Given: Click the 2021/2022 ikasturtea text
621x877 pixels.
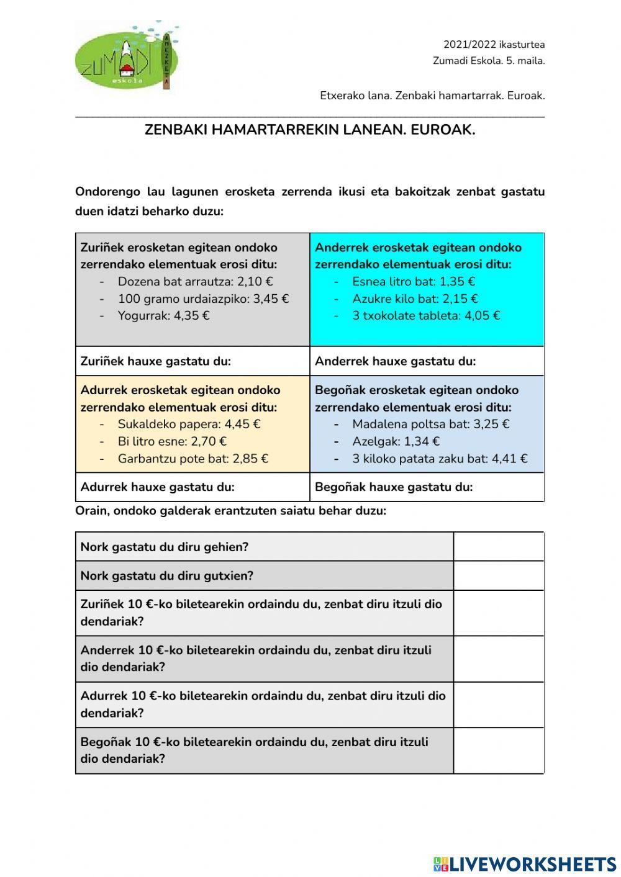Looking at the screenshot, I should (x=494, y=45).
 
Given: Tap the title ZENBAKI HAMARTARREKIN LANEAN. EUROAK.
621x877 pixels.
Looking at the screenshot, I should (x=309, y=130).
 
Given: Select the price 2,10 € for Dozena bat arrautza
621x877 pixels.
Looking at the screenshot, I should (x=255, y=282).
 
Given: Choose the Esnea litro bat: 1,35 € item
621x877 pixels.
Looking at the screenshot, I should (x=414, y=282).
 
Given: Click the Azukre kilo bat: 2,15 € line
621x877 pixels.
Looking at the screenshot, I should (x=415, y=299).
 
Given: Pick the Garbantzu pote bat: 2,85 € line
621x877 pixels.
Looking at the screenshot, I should (x=193, y=459).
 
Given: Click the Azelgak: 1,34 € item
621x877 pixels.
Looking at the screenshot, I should (x=396, y=441).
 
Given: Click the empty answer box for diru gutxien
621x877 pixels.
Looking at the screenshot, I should (x=499, y=576).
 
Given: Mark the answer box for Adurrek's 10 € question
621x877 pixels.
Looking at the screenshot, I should (x=499, y=704).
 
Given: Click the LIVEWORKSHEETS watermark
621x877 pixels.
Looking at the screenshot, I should (x=525, y=864).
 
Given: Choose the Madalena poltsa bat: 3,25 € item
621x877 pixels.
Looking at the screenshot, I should (x=430, y=425).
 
